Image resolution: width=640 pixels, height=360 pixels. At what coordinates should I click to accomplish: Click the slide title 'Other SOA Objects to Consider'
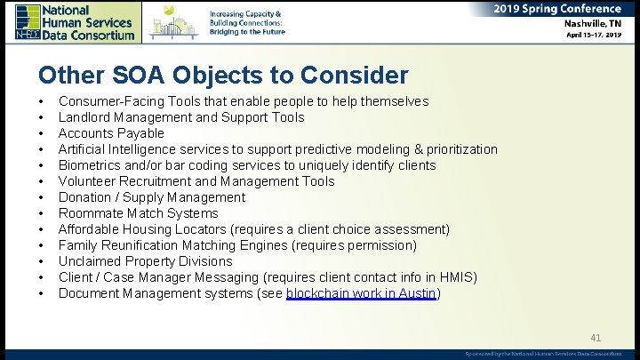pyautogui.click(x=223, y=76)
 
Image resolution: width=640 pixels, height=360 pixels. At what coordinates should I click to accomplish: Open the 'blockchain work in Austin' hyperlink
pyautogui.click(x=361, y=293)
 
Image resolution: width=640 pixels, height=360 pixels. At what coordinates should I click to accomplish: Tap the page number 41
pyautogui.click(x=596, y=338)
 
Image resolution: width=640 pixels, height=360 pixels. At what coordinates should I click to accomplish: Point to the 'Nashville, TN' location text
pyautogui.click(x=590, y=24)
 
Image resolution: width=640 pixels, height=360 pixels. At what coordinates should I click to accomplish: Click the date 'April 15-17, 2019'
pyautogui.click(x=595, y=36)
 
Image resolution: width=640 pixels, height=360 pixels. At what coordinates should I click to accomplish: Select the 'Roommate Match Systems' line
pyautogui.click(x=138, y=213)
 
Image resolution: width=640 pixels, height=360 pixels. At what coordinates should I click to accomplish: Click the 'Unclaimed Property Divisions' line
pyautogui.click(x=145, y=261)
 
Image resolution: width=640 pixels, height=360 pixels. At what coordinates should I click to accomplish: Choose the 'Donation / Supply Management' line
pyautogui.click(x=152, y=197)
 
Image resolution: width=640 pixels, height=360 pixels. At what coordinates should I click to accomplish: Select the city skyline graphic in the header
pyautogui.click(x=174, y=21)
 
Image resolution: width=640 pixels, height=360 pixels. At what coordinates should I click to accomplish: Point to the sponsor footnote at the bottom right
pyautogui.click(x=543, y=354)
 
